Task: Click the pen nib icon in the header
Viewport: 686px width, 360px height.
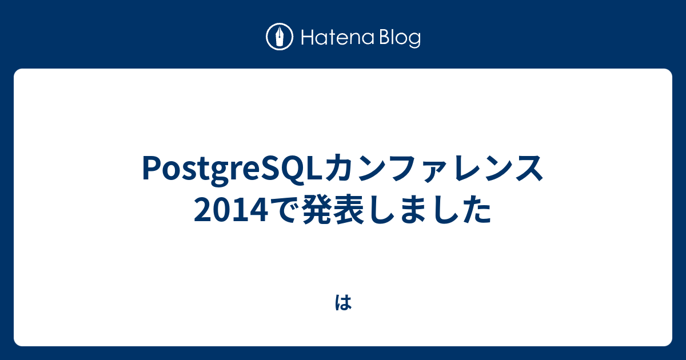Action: click(x=280, y=37)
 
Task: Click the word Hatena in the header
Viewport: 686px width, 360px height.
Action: click(x=338, y=38)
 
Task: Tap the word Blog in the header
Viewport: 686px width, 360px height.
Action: click(x=400, y=38)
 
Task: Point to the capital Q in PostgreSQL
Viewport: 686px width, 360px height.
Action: click(x=290, y=169)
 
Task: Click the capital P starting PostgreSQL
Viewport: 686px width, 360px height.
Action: click(x=151, y=168)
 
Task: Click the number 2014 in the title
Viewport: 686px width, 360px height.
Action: click(x=231, y=210)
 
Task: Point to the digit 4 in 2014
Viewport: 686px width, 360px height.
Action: click(x=260, y=210)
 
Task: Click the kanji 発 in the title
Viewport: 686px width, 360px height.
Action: click(x=317, y=210)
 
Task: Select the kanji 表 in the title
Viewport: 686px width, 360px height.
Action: click(x=349, y=210)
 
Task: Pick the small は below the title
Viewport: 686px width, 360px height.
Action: click(x=343, y=303)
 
